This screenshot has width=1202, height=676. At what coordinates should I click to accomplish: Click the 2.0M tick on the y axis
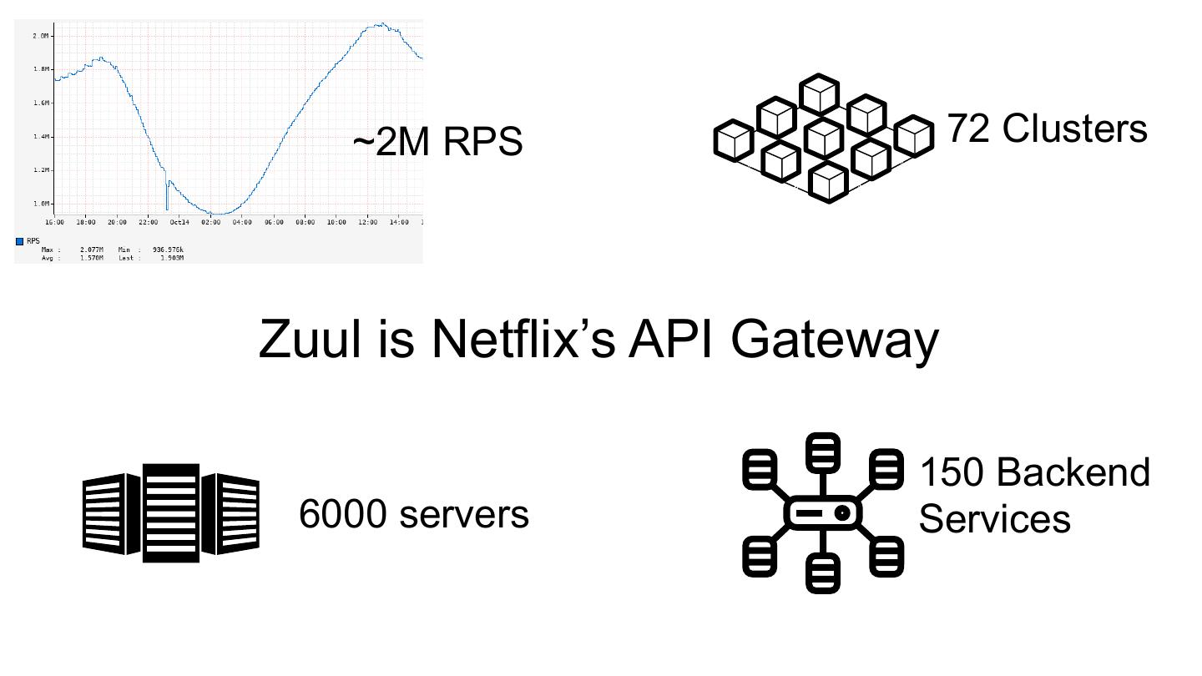[40, 36]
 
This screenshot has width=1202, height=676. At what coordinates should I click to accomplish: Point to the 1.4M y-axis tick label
[40, 137]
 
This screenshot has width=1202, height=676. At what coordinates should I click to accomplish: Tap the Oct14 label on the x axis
[180, 222]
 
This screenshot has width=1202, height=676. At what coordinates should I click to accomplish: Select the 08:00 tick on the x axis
[306, 222]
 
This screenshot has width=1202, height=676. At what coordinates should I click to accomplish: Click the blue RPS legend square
[20, 242]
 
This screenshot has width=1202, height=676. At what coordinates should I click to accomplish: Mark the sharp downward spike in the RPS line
[167, 204]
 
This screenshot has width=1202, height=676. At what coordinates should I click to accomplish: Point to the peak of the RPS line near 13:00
[380, 25]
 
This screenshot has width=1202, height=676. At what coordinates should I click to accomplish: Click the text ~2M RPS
[437, 142]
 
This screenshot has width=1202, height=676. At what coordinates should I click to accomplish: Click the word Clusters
[1075, 129]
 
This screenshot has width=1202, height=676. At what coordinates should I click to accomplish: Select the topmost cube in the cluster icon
[819, 93]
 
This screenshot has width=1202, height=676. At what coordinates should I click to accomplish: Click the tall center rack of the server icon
[171, 512]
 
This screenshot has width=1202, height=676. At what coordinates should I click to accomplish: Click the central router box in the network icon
[822, 512]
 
